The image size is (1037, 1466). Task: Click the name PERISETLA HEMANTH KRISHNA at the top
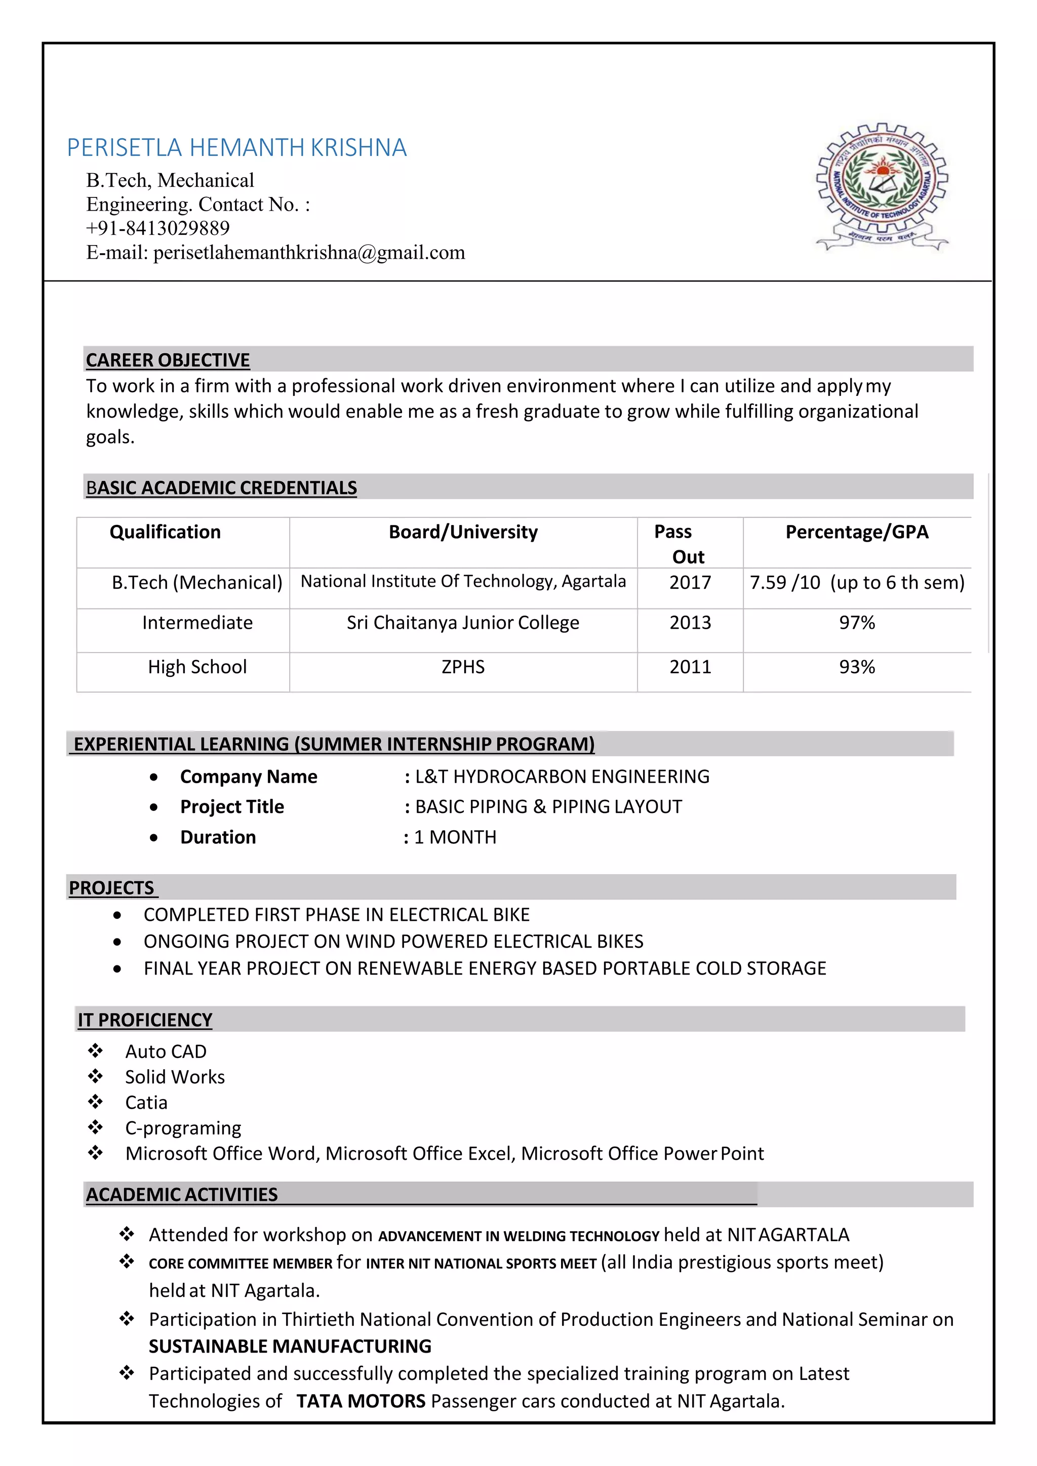pyautogui.click(x=236, y=147)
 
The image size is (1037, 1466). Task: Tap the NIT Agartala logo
pyautogui.click(x=882, y=186)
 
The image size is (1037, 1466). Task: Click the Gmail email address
pyautogui.click(x=309, y=252)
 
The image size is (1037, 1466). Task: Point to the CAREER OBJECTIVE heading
pyautogui.click(x=168, y=360)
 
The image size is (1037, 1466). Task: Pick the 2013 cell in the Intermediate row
pyautogui.click(x=690, y=623)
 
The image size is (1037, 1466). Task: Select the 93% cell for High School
pyautogui.click(x=856, y=667)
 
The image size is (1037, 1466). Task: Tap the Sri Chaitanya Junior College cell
pyautogui.click(x=463, y=623)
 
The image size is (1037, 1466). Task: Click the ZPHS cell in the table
pyautogui.click(x=463, y=667)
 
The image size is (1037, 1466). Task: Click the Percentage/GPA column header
pyautogui.click(x=856, y=532)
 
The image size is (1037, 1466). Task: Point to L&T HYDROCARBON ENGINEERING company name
pyautogui.click(x=562, y=777)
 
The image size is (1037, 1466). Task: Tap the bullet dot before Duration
pyautogui.click(x=154, y=838)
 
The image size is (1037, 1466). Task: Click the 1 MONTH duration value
pyautogui.click(x=455, y=837)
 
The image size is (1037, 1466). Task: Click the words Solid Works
pyautogui.click(x=175, y=1077)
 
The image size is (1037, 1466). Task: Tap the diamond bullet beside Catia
pyautogui.click(x=96, y=1102)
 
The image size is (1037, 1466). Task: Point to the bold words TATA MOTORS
pyautogui.click(x=361, y=1401)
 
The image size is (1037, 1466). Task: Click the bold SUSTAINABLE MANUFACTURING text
pyautogui.click(x=290, y=1346)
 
